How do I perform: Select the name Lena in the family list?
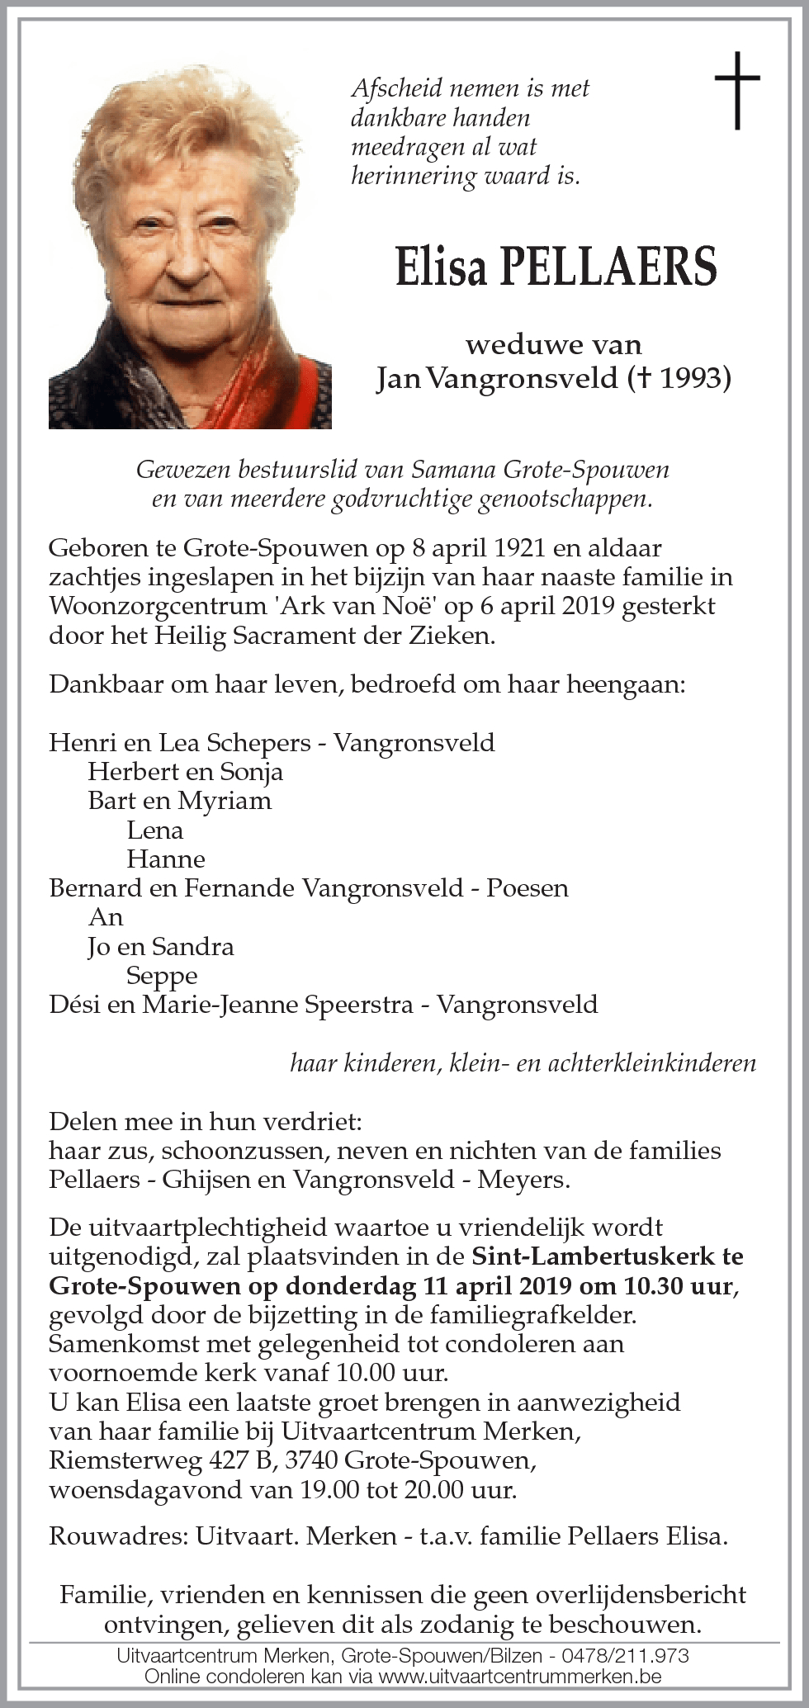tap(155, 830)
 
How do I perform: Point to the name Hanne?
tap(165, 859)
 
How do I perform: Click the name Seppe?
tap(162, 976)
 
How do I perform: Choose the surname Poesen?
tap(527, 888)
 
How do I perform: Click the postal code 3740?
tap(311, 1460)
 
